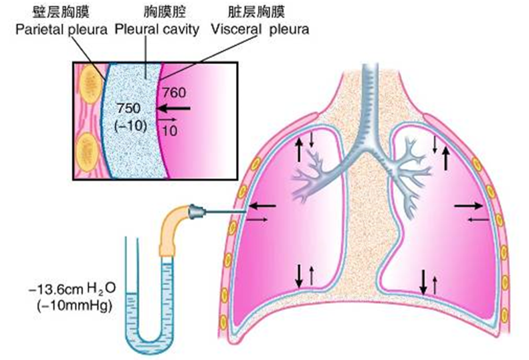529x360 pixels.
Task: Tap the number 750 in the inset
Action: tap(128, 108)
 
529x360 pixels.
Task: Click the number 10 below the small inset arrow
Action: tap(170, 132)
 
